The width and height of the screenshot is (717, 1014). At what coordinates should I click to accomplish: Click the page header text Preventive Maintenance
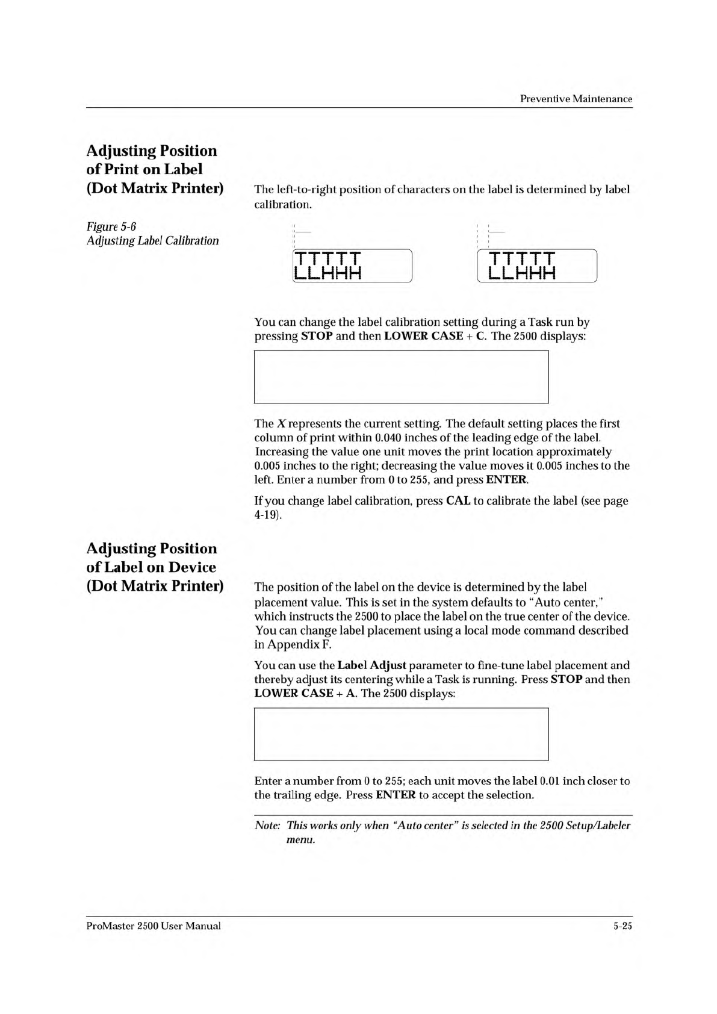[x=576, y=99]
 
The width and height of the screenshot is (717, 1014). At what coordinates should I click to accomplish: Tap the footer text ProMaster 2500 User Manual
[x=154, y=926]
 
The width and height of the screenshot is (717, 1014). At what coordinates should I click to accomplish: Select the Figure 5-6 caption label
[x=111, y=226]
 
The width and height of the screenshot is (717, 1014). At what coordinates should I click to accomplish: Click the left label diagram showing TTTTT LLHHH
[x=352, y=266]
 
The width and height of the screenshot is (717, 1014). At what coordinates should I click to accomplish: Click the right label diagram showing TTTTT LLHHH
[x=536, y=266]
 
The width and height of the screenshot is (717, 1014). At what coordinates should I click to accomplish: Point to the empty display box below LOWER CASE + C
[x=401, y=377]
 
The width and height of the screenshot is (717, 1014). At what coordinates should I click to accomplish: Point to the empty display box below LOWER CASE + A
[x=401, y=734]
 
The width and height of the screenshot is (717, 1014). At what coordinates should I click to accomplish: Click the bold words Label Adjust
[x=371, y=665]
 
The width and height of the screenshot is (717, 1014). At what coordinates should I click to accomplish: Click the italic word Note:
[x=267, y=826]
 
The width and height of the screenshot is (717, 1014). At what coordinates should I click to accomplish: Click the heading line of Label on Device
[x=151, y=567]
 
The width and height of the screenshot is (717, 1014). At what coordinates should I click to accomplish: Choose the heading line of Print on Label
[x=144, y=169]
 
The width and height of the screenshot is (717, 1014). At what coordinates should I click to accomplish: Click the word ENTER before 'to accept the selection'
[x=395, y=795]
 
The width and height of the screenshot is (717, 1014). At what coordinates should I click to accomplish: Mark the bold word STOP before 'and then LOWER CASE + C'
[x=317, y=336]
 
